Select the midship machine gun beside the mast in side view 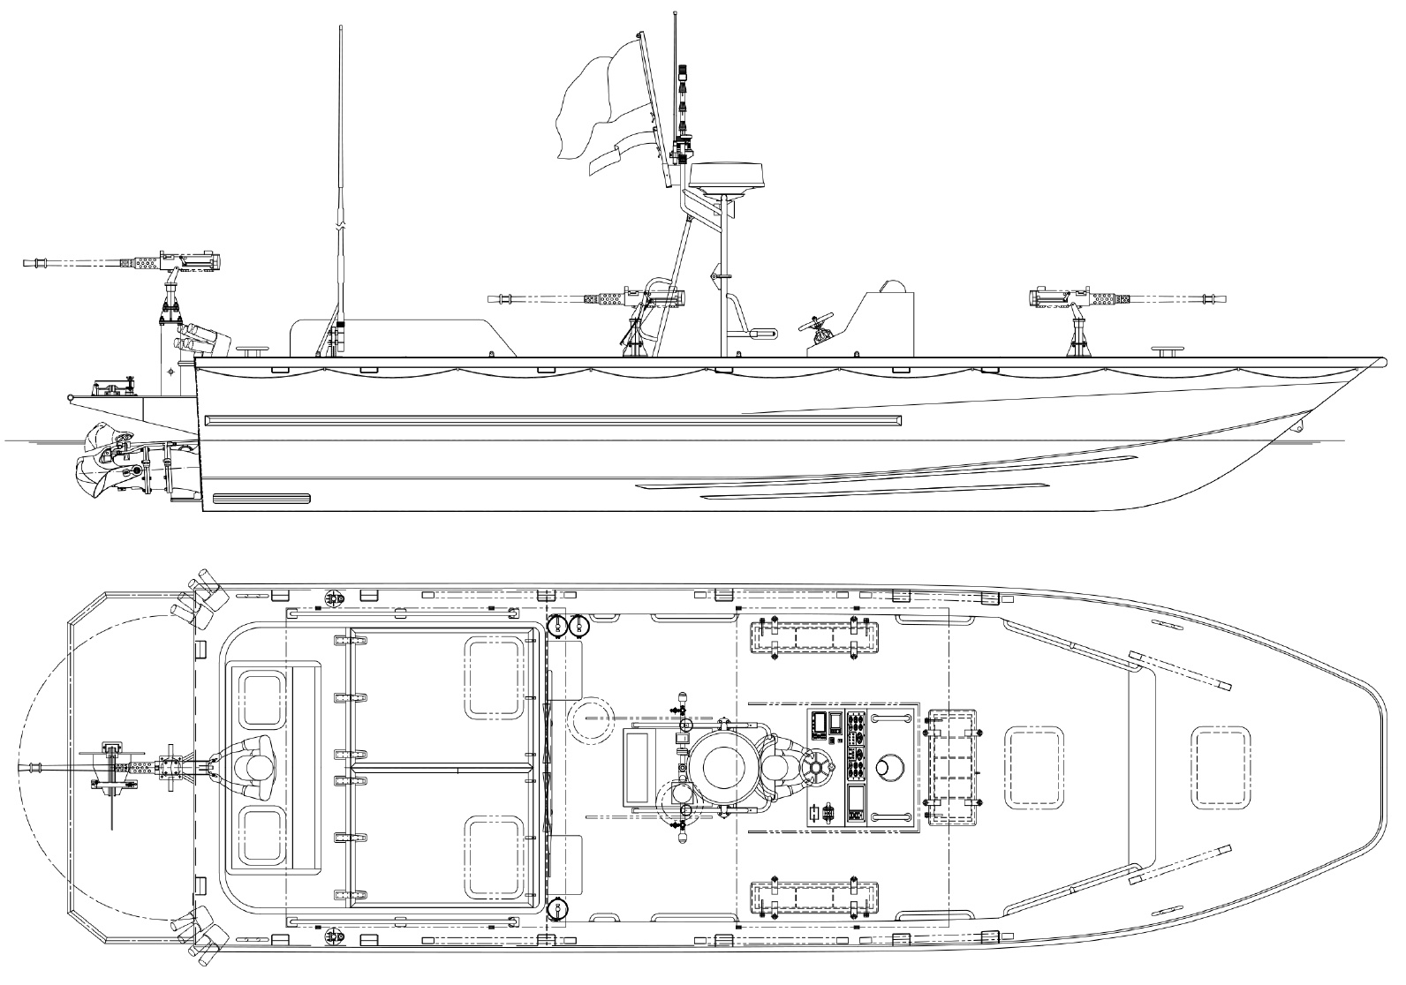618,298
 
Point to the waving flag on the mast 601,106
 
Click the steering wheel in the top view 816,768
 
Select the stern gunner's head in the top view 256,767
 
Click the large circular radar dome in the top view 724,768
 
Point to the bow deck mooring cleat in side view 1169,352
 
